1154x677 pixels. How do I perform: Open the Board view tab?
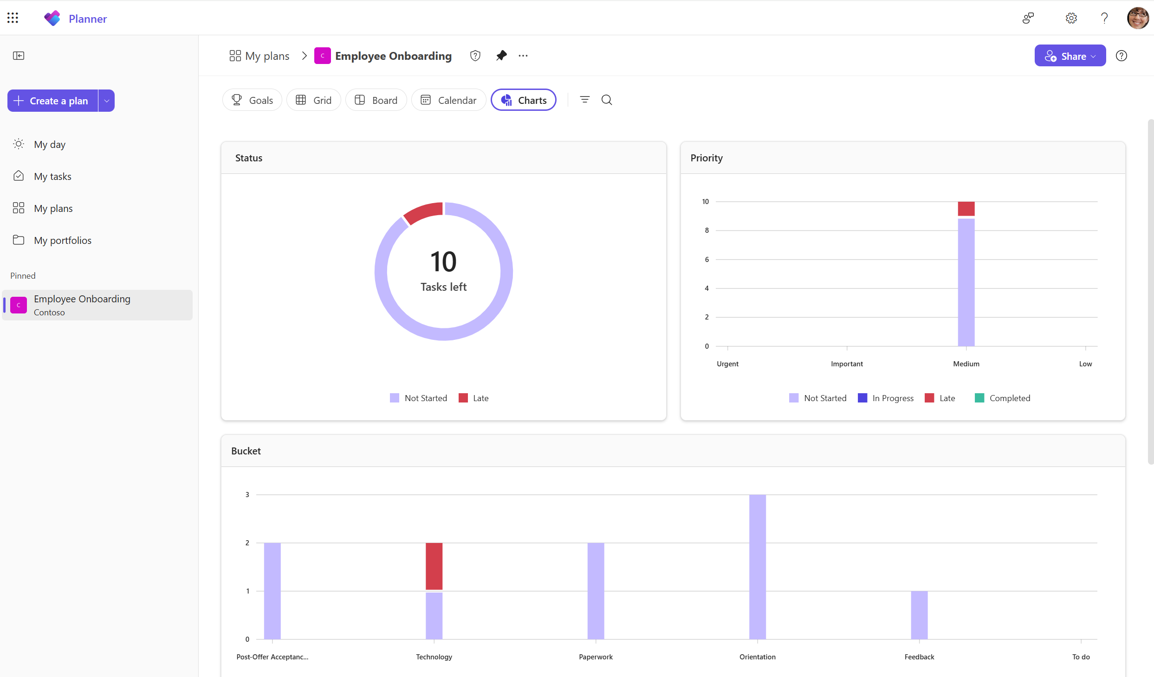coord(376,100)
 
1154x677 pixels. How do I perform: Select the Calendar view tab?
coord(448,100)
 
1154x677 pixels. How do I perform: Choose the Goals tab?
coord(252,100)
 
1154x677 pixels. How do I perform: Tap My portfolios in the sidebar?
coord(63,240)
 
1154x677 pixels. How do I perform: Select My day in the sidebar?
coord(50,144)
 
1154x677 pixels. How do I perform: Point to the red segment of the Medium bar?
coord(966,209)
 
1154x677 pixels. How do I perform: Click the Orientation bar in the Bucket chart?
coord(757,567)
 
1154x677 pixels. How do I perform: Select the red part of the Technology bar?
coord(434,566)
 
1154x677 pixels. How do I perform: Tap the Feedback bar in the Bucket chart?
coord(919,615)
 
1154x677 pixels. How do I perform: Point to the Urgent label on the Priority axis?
coord(727,364)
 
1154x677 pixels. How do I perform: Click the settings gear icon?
coord(1071,18)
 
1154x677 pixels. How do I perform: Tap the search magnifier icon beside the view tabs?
coord(607,100)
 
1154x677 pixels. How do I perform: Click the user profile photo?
coord(1138,18)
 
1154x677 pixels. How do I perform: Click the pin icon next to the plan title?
coord(501,56)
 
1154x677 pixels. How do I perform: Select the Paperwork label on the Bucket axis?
coord(596,657)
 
